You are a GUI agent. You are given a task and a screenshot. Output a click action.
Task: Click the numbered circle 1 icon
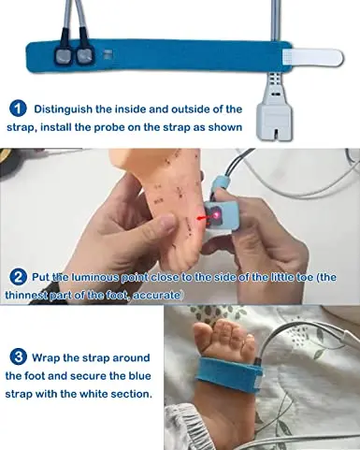[x=19, y=110]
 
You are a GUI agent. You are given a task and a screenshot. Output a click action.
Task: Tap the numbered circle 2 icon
[x=19, y=276]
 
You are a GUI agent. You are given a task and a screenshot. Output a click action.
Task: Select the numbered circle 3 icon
[x=19, y=356]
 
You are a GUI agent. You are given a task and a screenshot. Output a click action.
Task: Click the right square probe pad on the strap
[x=88, y=55]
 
